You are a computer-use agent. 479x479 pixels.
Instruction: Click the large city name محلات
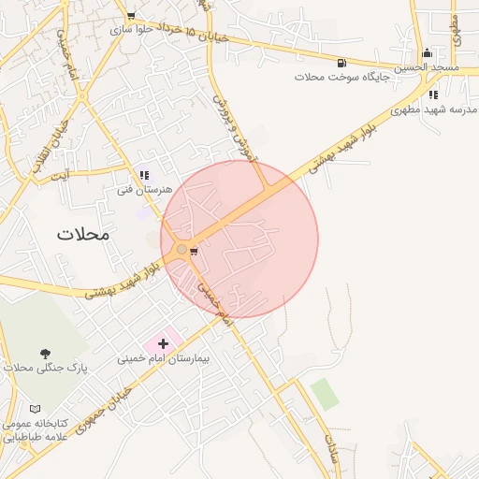point(82,234)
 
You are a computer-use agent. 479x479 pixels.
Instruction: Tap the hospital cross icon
point(164,344)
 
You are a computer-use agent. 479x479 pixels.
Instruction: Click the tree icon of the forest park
point(45,353)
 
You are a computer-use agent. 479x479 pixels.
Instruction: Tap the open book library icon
point(36,409)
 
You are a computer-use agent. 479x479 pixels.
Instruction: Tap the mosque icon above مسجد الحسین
point(427,53)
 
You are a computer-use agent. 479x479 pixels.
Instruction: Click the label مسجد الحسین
point(426,67)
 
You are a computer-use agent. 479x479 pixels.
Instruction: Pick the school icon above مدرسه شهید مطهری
point(432,94)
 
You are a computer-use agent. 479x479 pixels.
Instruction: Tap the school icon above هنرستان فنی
point(144,175)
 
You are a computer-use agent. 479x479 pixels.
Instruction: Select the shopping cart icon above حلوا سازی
point(130,16)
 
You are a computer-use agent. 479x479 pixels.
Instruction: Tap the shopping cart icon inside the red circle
point(193,251)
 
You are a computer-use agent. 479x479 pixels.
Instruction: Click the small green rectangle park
point(325,394)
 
